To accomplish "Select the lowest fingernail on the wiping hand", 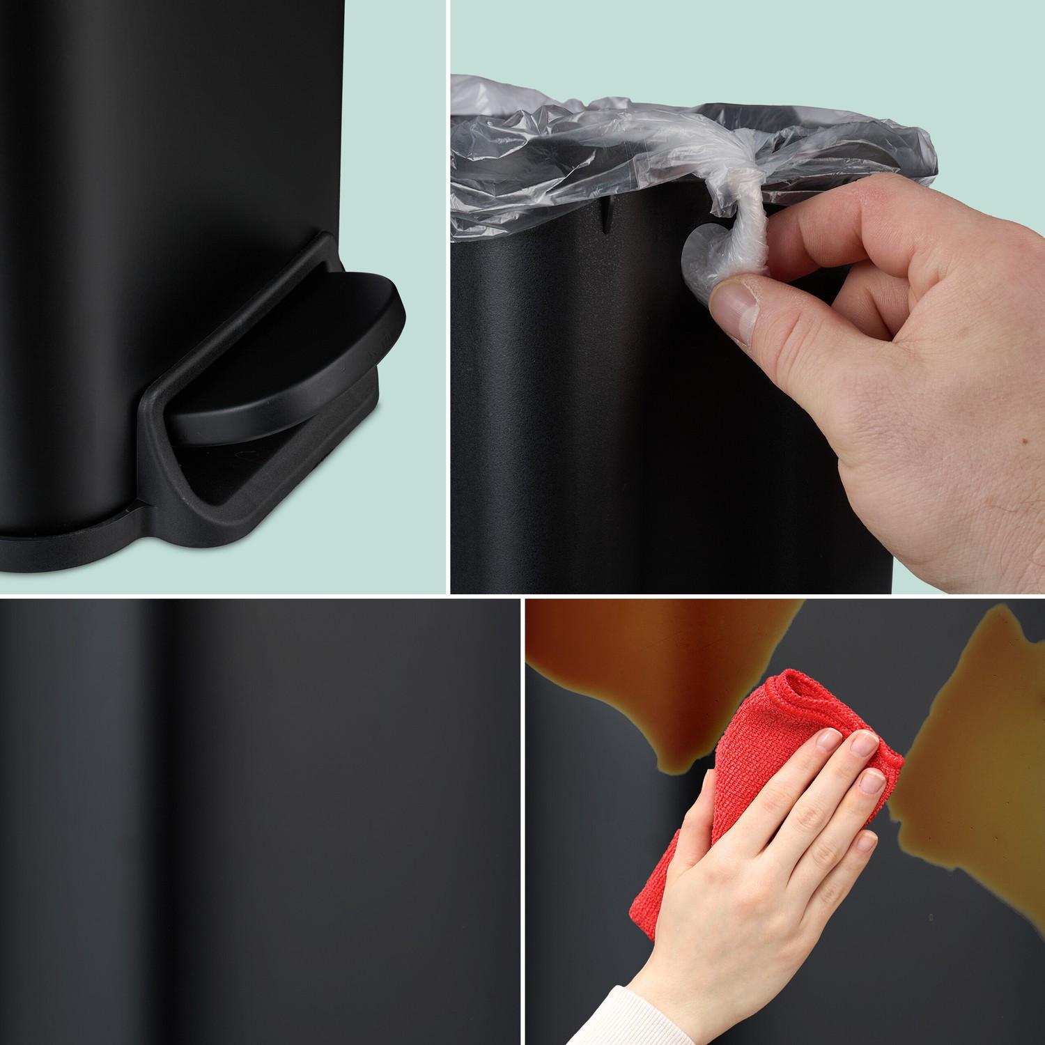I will coord(866,843).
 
